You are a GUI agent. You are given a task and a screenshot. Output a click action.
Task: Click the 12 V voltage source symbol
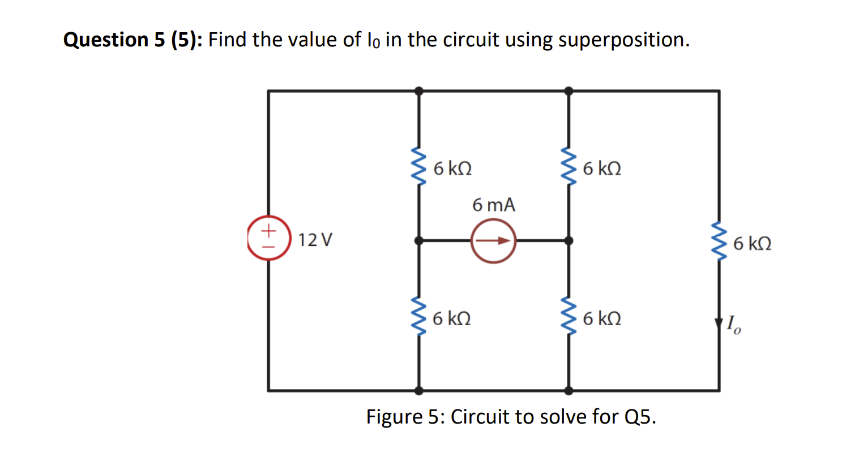[x=269, y=238]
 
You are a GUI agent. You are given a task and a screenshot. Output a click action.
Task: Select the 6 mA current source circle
[x=493, y=241]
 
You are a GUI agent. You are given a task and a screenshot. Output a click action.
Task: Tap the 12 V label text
[x=315, y=240]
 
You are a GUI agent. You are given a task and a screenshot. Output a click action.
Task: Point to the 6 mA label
[x=494, y=205]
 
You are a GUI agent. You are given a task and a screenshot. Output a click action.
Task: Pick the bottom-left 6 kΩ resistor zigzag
[x=419, y=317]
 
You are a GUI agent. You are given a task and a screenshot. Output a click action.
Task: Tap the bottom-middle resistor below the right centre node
[x=568, y=317]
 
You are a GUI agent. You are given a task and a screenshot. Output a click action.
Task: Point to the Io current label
[x=734, y=325]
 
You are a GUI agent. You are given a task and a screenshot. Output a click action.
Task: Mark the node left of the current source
[x=419, y=241]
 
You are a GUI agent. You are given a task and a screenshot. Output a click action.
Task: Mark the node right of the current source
[x=568, y=241]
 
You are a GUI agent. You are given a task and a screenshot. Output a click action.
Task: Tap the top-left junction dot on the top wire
[x=419, y=91]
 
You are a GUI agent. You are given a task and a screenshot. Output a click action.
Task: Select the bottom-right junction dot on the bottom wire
[x=568, y=390]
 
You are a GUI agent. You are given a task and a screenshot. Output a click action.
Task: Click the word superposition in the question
[x=623, y=40]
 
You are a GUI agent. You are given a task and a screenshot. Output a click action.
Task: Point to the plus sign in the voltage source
[x=269, y=230]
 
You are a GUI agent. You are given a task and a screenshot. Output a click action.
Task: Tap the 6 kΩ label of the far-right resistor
[x=752, y=244]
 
